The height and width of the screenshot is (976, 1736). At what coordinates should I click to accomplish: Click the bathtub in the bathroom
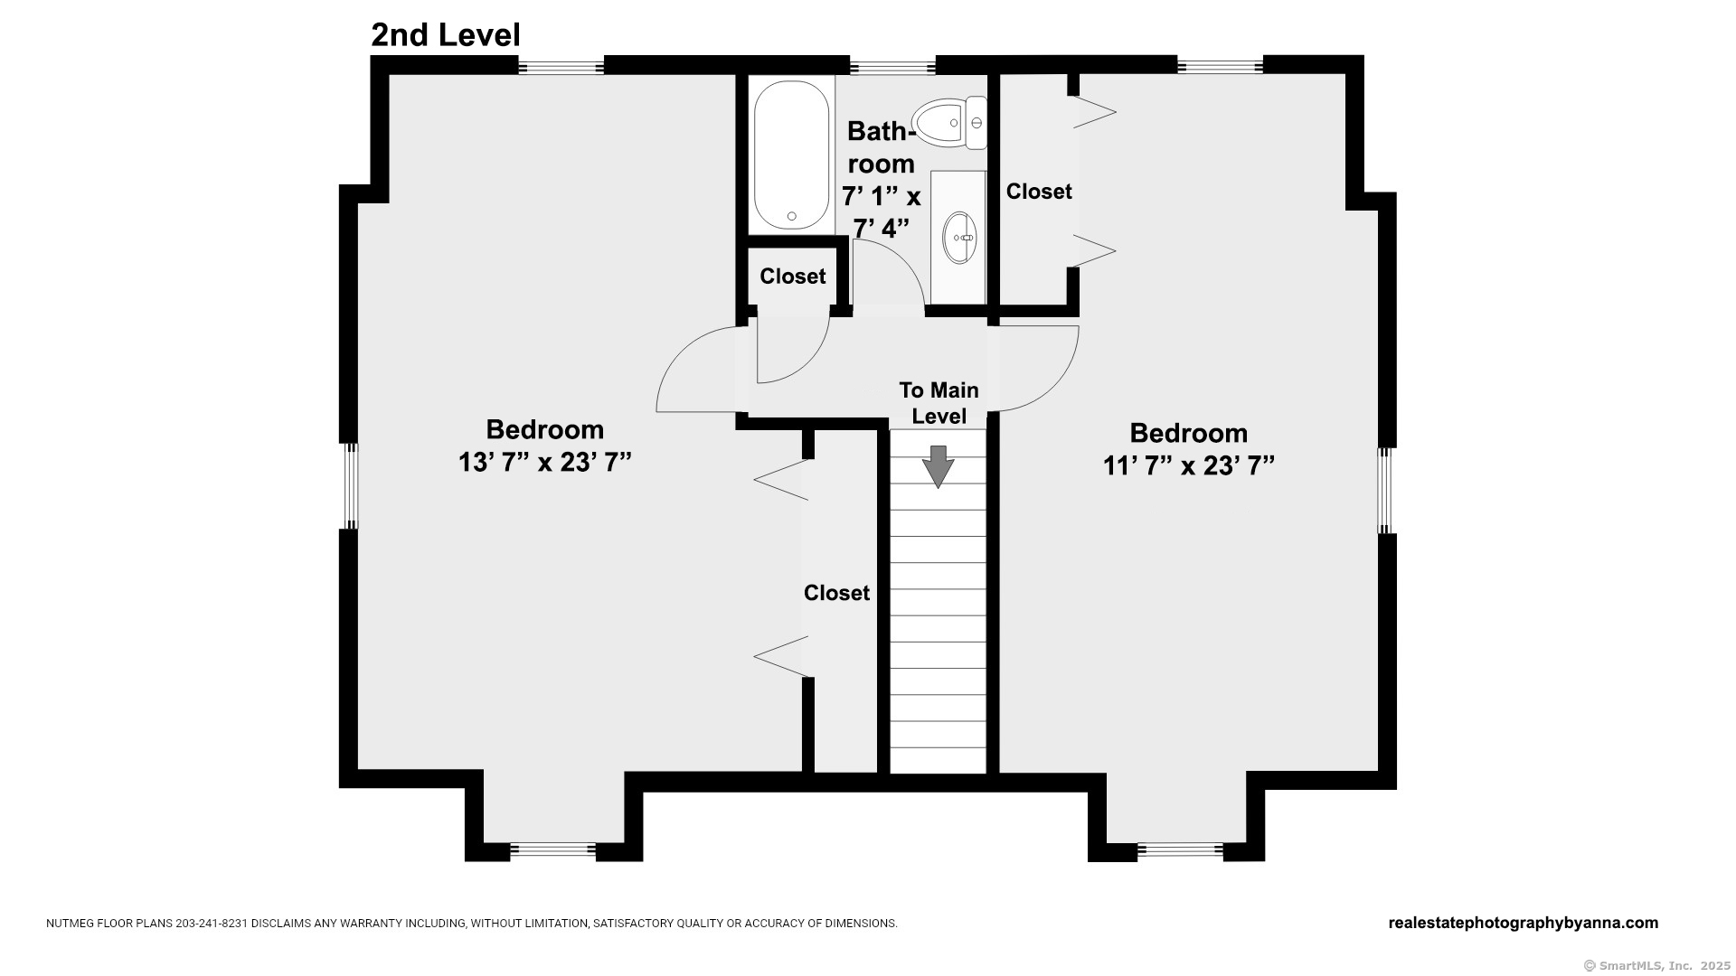(x=792, y=155)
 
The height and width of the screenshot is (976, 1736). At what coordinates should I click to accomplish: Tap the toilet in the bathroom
(x=949, y=122)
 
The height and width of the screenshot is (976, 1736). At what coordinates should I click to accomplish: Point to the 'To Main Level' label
(x=939, y=403)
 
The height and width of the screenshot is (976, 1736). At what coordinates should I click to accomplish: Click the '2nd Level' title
(x=446, y=35)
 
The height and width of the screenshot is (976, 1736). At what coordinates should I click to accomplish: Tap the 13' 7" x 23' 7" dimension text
(x=544, y=462)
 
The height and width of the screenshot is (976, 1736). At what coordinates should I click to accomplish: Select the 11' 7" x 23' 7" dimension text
(x=1188, y=465)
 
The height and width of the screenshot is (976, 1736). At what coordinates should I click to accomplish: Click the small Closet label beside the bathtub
(x=793, y=277)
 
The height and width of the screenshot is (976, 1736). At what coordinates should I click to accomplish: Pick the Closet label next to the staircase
(x=836, y=593)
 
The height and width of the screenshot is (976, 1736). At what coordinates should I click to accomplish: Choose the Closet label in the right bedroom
(x=1039, y=192)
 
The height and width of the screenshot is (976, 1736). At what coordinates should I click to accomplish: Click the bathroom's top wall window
(x=892, y=66)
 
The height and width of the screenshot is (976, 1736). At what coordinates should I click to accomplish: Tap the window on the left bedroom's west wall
(x=350, y=486)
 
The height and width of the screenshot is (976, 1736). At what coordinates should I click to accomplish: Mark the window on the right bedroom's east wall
(x=1386, y=491)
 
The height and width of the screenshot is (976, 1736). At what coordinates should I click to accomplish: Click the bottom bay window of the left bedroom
(x=552, y=851)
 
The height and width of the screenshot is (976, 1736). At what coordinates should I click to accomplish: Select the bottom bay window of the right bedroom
(x=1180, y=851)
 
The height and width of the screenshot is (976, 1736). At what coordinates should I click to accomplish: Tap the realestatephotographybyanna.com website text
(x=1523, y=923)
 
